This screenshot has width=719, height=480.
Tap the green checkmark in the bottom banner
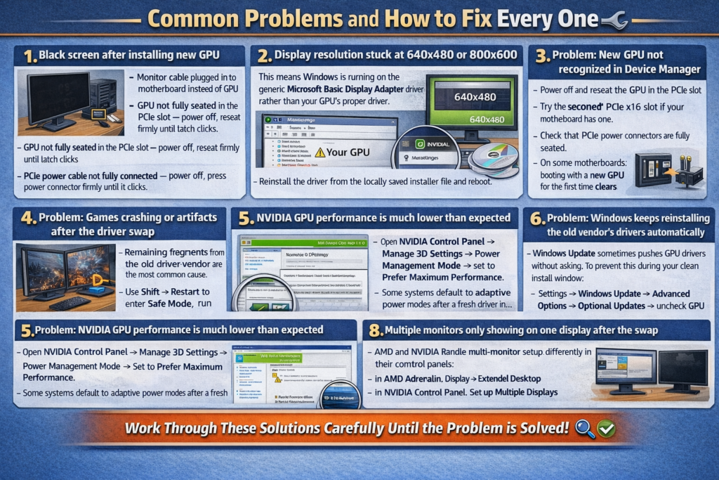[x=606, y=428]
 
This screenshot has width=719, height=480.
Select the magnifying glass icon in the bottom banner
[x=584, y=428]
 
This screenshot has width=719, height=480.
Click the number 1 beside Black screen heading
[x=29, y=55]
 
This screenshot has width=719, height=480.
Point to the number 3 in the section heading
[x=541, y=56]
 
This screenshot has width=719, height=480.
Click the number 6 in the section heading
[x=537, y=219]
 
